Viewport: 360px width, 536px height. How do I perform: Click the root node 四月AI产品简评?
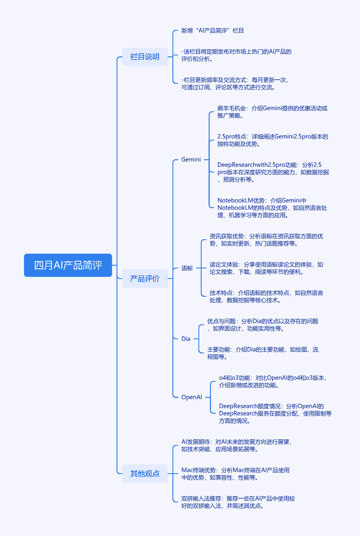[x=68, y=265]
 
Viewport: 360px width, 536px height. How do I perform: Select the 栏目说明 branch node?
[x=145, y=57]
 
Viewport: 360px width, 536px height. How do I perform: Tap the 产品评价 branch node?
[x=145, y=278]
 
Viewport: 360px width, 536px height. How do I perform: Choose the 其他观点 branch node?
[x=145, y=473]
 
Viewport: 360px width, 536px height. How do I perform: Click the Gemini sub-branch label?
[x=191, y=160]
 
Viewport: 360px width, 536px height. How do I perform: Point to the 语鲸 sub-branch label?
[x=187, y=268]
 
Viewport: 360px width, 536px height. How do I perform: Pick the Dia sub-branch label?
[x=186, y=338]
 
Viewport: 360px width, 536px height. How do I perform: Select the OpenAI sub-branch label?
[x=192, y=397]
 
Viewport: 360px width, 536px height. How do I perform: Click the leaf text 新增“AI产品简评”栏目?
[x=212, y=31]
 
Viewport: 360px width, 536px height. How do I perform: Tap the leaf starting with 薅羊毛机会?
[x=273, y=112]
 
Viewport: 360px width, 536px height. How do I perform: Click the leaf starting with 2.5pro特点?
[x=273, y=140]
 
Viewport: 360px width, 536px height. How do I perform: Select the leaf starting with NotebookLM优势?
[x=272, y=208]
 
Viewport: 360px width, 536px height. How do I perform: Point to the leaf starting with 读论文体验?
[x=266, y=268]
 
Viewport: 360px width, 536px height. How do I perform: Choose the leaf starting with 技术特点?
[x=266, y=296]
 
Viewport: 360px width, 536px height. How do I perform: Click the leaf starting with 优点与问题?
[x=263, y=325]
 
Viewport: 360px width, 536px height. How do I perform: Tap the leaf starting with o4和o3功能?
[x=273, y=381]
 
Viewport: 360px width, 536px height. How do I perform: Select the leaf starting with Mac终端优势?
[x=236, y=474]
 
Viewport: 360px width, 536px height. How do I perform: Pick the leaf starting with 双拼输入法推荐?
[x=238, y=502]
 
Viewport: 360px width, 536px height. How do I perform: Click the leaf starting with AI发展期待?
[x=236, y=445]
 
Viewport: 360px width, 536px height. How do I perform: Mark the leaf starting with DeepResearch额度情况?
[x=275, y=413]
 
